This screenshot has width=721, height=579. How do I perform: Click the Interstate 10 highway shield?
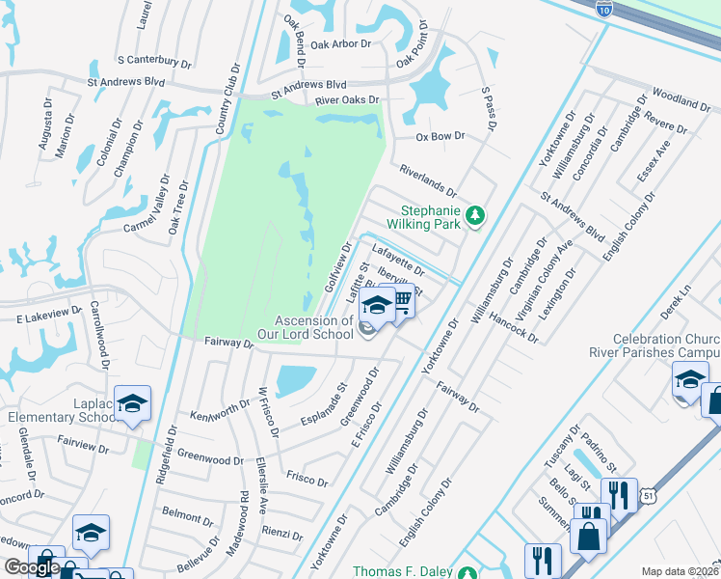point(604,8)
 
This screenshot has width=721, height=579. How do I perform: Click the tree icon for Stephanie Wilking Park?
point(473,215)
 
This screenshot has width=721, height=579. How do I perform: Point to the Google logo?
point(32,568)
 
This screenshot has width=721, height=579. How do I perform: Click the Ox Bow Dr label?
point(441,137)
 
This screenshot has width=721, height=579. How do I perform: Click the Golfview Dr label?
point(339,269)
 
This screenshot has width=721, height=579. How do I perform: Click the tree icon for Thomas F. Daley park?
point(467,572)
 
